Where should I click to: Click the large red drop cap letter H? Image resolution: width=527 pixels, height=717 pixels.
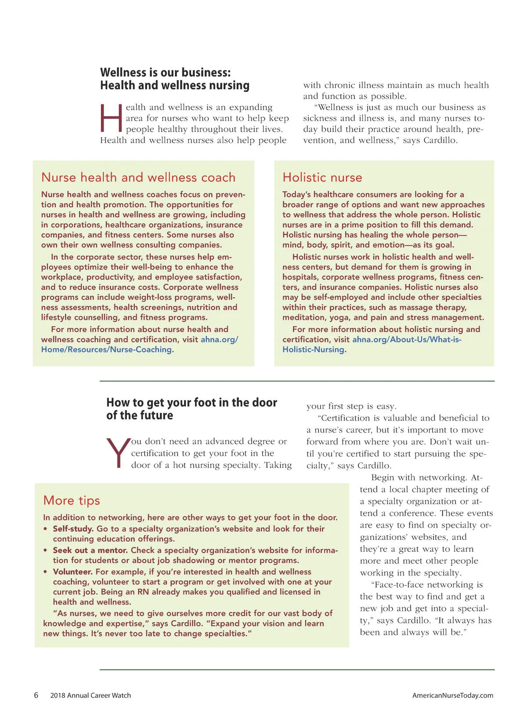[111, 118]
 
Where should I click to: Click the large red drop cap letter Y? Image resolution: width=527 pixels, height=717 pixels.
[118, 453]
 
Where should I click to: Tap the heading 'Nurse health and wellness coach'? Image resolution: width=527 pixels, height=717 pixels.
[138, 178]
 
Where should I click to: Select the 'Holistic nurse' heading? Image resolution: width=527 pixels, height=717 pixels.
[322, 178]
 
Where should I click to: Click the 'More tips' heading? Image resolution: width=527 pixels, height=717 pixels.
[72, 501]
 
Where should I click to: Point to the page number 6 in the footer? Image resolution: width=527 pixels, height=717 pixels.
[36, 695]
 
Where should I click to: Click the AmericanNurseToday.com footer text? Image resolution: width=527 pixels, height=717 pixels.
[452, 695]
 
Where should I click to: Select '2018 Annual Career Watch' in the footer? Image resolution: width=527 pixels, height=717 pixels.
[90, 695]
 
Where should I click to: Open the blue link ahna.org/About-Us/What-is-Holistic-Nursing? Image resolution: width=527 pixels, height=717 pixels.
[407, 340]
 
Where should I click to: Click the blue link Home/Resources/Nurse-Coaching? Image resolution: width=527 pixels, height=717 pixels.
[106, 350]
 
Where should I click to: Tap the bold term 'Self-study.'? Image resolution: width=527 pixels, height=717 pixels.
[73, 529]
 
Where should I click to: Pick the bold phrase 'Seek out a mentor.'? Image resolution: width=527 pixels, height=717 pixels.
[90, 550]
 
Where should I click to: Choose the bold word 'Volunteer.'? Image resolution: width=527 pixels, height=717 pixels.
[72, 572]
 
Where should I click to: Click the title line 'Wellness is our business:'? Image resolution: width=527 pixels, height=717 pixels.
[165, 73]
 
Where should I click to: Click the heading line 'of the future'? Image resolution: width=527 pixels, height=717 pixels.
[140, 415]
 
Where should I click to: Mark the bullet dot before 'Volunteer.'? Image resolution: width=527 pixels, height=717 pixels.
[45, 572]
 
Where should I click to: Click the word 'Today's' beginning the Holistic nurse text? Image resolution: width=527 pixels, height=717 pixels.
[297, 194]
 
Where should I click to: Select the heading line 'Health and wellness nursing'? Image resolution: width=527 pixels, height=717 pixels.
[175, 85]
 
